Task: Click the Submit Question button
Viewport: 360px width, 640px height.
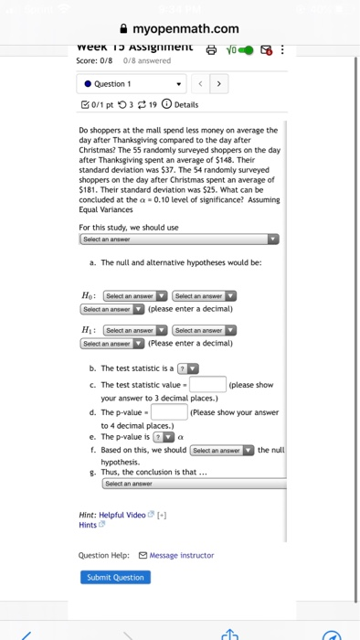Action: click(115, 577)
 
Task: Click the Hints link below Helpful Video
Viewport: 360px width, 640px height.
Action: click(89, 525)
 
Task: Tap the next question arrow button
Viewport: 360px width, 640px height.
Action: click(217, 83)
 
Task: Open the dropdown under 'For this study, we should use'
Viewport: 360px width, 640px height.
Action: click(178, 239)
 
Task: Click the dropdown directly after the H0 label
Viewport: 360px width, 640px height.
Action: click(134, 296)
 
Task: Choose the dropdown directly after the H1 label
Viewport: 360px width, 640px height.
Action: click(134, 330)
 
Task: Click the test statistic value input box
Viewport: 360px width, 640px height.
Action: click(207, 384)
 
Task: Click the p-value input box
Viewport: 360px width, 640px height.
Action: click(169, 411)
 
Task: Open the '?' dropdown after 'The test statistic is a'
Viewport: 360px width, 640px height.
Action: click(187, 368)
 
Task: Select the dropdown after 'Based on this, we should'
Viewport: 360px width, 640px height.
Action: click(222, 450)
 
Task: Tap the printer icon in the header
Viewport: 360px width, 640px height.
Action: click(213, 51)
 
